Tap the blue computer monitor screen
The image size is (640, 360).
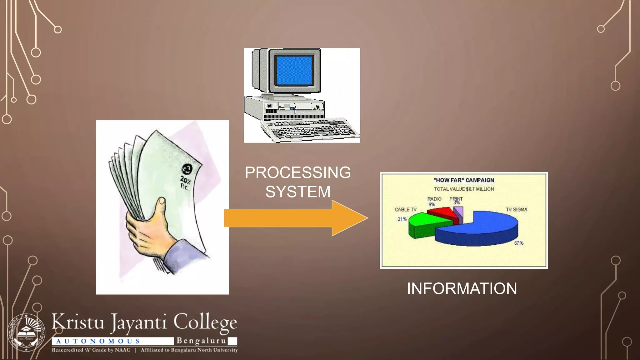tap(294, 70)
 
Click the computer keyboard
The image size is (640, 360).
tap(309, 130)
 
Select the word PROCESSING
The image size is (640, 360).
tap(298, 172)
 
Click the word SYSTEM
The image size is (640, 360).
tap(298, 192)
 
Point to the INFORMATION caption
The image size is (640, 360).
tap(462, 288)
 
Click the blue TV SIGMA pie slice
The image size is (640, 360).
tap(481, 231)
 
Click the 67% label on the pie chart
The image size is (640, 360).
tap(519, 243)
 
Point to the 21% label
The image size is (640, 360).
tap(402, 219)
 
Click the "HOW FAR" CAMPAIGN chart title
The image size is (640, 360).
tap(464, 180)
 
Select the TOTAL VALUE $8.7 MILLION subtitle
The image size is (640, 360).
tap(464, 189)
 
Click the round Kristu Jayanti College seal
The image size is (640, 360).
tap(26, 332)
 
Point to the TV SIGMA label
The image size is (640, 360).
tap(516, 210)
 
